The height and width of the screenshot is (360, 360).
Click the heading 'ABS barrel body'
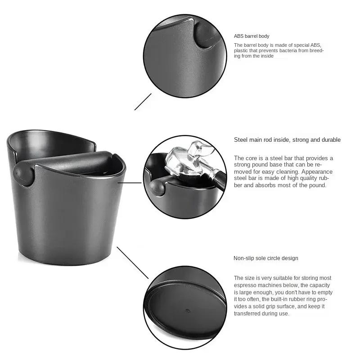[252, 36]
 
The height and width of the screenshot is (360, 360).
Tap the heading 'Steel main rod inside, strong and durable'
[287, 140]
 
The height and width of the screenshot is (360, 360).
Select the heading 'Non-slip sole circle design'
[265, 258]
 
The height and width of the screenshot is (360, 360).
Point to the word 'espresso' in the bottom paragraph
[244, 285]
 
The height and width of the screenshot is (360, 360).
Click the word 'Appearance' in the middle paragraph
[317, 171]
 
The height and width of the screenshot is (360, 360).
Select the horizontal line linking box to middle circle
[133, 183]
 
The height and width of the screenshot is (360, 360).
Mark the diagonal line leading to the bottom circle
[132, 262]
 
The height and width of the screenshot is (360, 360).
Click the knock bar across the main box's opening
[67, 160]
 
